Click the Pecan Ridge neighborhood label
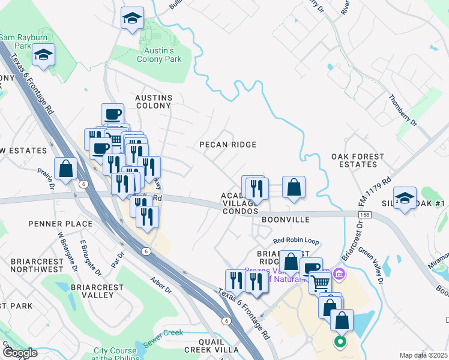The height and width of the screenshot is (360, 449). coord(228,145)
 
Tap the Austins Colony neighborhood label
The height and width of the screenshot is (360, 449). coord(154,101)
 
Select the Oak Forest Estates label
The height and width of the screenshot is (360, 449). coord(358,160)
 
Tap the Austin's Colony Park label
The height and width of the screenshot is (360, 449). coord(159,55)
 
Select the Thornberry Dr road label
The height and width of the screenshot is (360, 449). coord(402,110)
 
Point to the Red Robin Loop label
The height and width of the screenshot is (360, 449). coord(296,241)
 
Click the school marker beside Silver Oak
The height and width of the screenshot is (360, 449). coord(405,199)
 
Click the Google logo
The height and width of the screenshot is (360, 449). coord(19,353)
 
